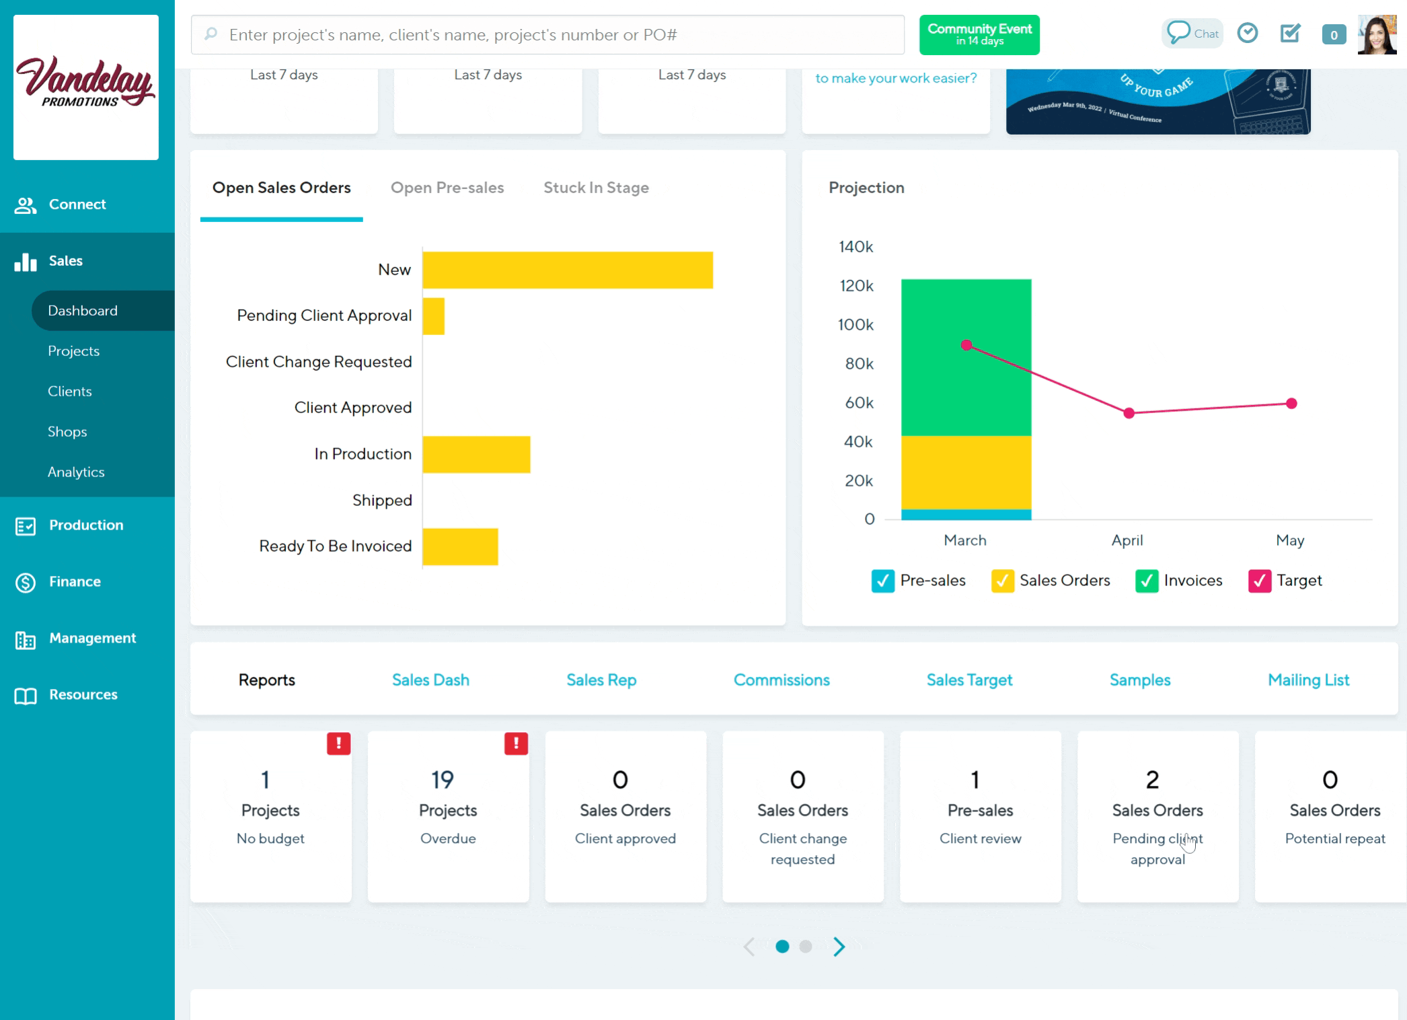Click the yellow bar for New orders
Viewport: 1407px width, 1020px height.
[x=568, y=270]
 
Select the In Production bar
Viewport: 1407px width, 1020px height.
[x=476, y=454]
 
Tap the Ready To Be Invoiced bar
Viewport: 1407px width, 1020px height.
[x=460, y=546]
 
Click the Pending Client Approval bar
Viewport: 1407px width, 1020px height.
[x=434, y=316]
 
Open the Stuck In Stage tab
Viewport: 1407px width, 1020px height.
[x=596, y=188]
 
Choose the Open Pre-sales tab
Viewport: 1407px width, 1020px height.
[x=447, y=188]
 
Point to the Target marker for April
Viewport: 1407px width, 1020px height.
[x=1129, y=413]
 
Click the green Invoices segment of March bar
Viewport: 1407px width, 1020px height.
[x=966, y=357]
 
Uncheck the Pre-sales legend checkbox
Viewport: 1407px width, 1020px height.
[x=882, y=581]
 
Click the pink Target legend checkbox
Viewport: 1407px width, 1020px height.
[x=1259, y=581]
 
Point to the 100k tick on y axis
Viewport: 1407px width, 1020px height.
[x=855, y=325]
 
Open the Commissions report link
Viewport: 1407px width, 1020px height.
[x=782, y=680]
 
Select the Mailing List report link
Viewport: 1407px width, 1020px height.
[x=1308, y=680]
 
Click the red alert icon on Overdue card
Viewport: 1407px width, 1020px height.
[x=516, y=743]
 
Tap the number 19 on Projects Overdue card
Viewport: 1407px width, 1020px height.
[x=443, y=780]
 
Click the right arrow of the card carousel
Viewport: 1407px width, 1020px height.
[x=839, y=947]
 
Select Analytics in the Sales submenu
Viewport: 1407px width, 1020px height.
[x=76, y=472]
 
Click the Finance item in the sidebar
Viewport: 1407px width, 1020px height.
[x=75, y=582]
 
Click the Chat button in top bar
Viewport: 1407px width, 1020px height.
[x=1192, y=34]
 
